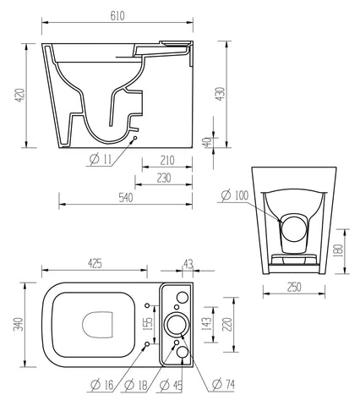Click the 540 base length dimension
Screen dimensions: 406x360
click(125, 198)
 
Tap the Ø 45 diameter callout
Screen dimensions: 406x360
click(174, 385)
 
